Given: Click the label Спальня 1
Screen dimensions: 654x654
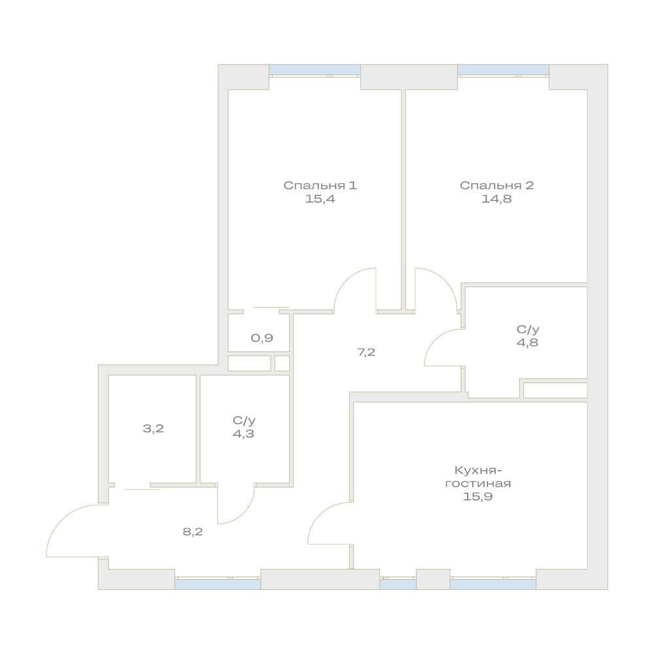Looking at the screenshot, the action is (320, 185).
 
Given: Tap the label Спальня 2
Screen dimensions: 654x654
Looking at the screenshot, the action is (497, 185).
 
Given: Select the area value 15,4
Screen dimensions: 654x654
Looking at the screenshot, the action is (320, 199).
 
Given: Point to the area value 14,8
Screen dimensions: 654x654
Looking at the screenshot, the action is (497, 199).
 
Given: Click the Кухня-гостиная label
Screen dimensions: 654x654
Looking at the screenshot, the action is (478, 477).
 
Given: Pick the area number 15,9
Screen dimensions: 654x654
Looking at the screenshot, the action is (478, 497).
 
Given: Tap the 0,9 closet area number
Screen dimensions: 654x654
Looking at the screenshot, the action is (262, 338).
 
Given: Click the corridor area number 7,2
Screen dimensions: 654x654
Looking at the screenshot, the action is (366, 353).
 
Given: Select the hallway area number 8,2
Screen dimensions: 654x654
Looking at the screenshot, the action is (193, 532).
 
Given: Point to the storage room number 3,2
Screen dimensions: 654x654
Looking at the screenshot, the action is (153, 428).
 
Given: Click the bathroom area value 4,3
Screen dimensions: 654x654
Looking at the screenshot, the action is (243, 434).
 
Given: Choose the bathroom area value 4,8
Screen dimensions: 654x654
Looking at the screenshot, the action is (528, 343).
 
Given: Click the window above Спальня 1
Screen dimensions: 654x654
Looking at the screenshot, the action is (315, 70).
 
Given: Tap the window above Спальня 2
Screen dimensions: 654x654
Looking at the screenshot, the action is (503, 70).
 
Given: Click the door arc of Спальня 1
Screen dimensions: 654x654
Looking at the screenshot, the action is (346, 279).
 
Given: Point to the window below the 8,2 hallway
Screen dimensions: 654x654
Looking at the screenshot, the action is (218, 584).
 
